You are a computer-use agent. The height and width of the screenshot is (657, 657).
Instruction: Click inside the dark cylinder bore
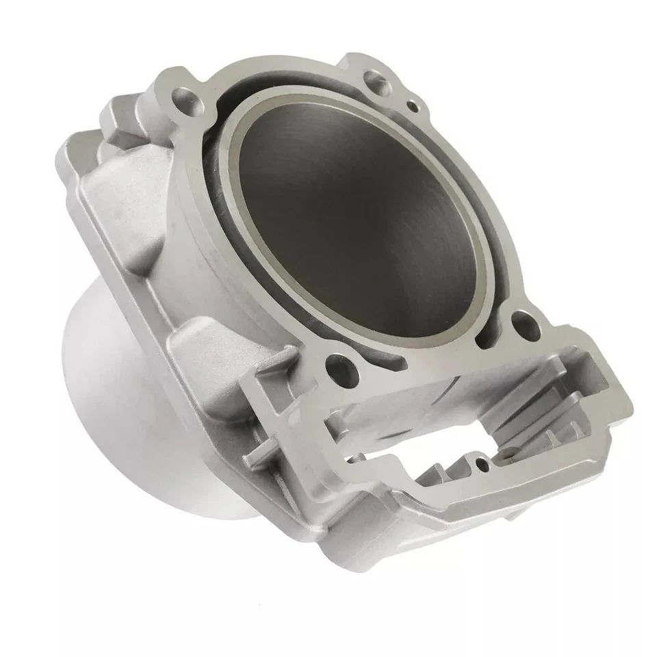pyautogui.click(x=356, y=226)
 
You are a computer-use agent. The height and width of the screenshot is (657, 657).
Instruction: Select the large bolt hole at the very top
pyautogui.click(x=374, y=77)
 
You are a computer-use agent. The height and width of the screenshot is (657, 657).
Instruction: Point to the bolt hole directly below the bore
pyautogui.click(x=337, y=363)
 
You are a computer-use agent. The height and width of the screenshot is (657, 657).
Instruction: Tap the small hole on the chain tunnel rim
pyautogui.click(x=483, y=465)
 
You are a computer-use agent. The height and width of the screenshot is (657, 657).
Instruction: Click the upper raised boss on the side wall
pyautogui.click(x=130, y=226)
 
